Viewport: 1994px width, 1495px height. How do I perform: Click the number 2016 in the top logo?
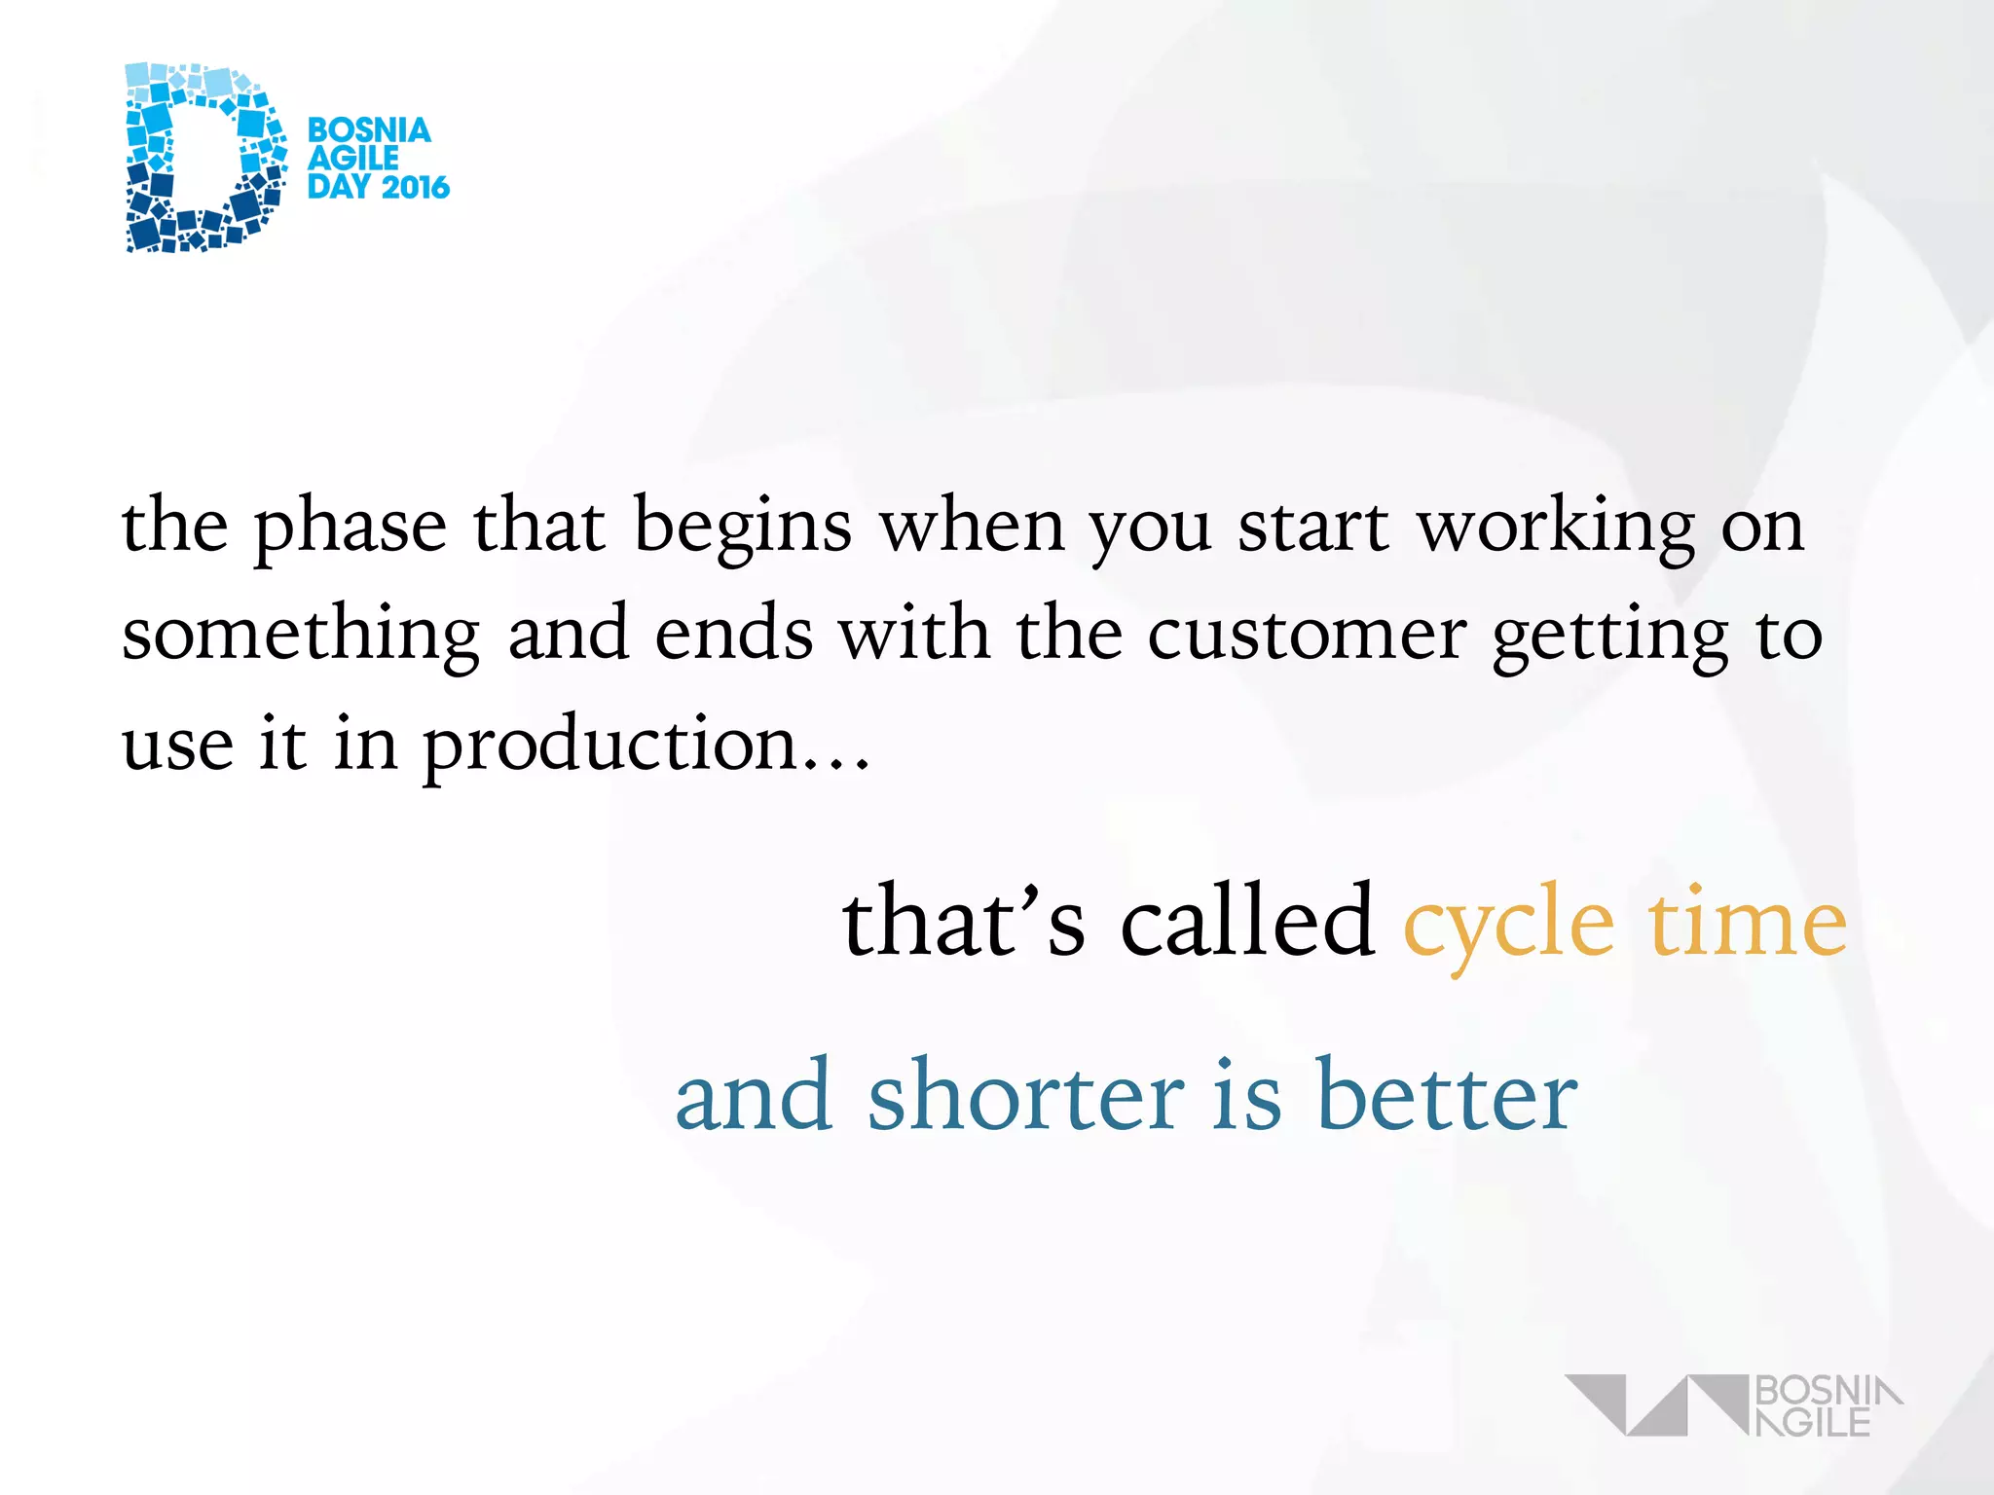coord(415,187)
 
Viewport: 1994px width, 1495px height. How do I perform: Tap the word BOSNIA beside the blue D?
coord(369,130)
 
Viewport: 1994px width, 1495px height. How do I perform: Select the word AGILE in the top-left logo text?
coord(352,159)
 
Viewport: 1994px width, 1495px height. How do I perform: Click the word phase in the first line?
coord(351,527)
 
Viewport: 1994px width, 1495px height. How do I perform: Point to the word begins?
coord(743,527)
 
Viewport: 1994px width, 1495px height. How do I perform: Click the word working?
coord(1556,527)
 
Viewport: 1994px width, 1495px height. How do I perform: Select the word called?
coord(1247,921)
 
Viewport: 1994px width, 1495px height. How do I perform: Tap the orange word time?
coord(1747,921)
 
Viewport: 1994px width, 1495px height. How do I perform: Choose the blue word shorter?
coord(1026,1095)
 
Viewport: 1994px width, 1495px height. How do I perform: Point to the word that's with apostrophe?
coord(963,921)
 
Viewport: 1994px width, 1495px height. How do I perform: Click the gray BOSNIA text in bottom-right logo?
coord(1827,1390)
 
